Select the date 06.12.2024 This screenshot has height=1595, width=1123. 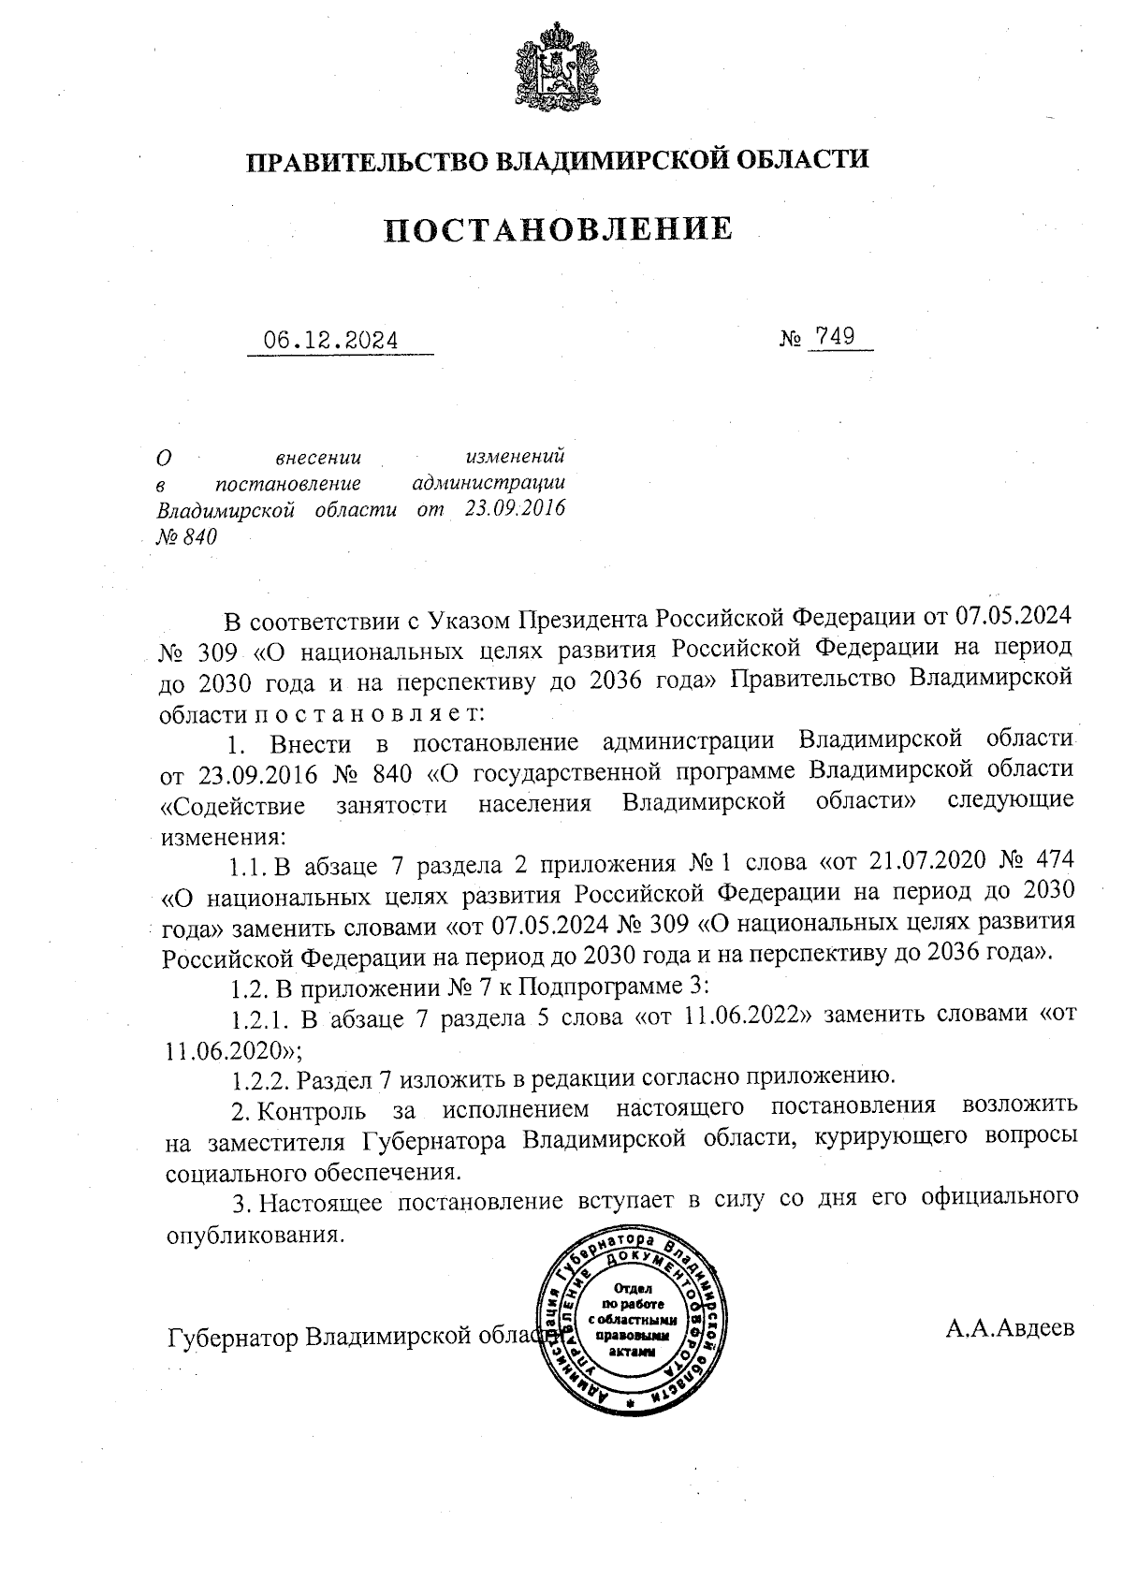(x=330, y=340)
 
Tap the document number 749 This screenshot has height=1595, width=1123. (x=835, y=336)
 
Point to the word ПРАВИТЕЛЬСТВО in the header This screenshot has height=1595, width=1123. (x=366, y=160)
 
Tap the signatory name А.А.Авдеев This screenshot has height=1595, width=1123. (x=1010, y=1327)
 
